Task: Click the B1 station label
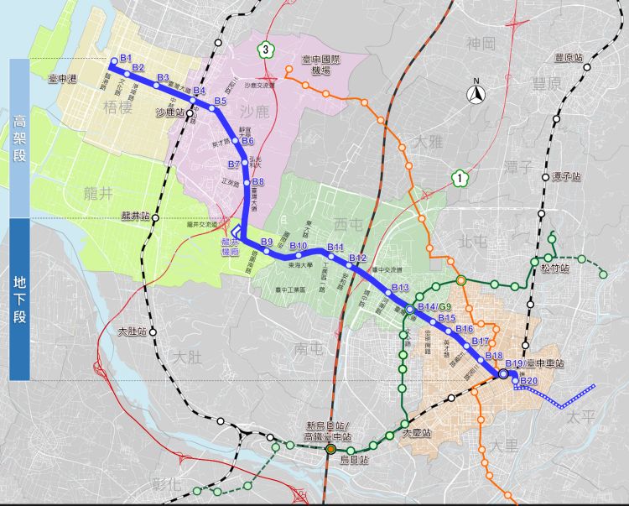(x=127, y=58)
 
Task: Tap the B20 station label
(x=528, y=382)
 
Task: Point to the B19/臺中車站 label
(x=534, y=363)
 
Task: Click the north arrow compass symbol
(x=476, y=93)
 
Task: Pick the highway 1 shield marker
(x=459, y=177)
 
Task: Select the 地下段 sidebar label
(x=20, y=298)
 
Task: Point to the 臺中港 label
(x=63, y=78)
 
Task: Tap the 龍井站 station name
(x=135, y=216)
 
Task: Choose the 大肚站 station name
(x=133, y=331)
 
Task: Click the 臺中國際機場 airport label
(x=321, y=65)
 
